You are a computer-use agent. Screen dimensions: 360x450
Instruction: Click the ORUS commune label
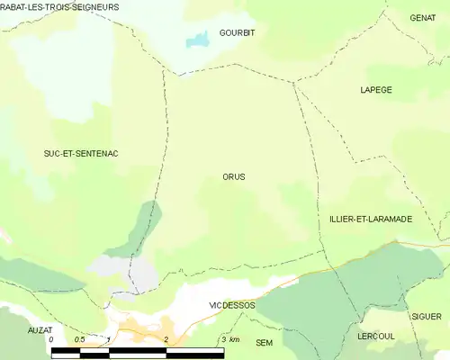coord(233,177)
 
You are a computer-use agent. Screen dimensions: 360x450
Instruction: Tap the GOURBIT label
coord(237,32)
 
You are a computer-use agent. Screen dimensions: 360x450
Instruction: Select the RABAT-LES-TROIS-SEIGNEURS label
coord(59,7)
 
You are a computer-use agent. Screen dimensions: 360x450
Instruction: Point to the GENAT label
coord(422,17)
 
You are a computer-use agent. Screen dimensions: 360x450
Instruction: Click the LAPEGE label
coord(375,90)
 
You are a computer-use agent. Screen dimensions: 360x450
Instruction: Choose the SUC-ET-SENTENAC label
coord(81,154)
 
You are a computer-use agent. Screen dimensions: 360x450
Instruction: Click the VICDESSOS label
coord(232,305)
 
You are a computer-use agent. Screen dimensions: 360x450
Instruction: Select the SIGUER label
coord(427,317)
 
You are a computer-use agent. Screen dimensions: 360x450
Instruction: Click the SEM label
coord(264,343)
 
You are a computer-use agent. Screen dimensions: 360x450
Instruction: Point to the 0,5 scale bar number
coord(79,339)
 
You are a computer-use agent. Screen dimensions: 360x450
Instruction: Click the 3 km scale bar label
coord(229,339)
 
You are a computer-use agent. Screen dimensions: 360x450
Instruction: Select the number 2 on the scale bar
coord(166,339)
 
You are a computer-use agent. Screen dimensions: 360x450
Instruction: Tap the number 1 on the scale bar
coord(108,339)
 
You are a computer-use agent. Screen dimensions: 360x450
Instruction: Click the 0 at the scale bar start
coord(52,339)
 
